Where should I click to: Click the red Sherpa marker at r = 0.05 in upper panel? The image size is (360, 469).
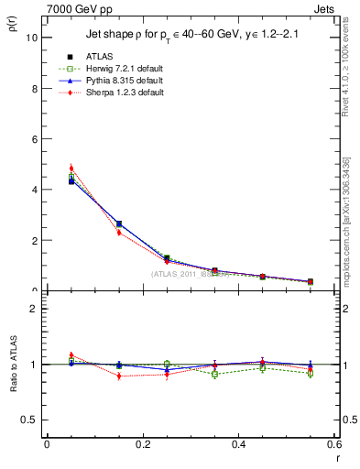coord(71,169)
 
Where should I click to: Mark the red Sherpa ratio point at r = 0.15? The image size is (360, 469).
coord(119,376)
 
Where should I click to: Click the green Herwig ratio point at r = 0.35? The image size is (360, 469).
coord(214,374)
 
